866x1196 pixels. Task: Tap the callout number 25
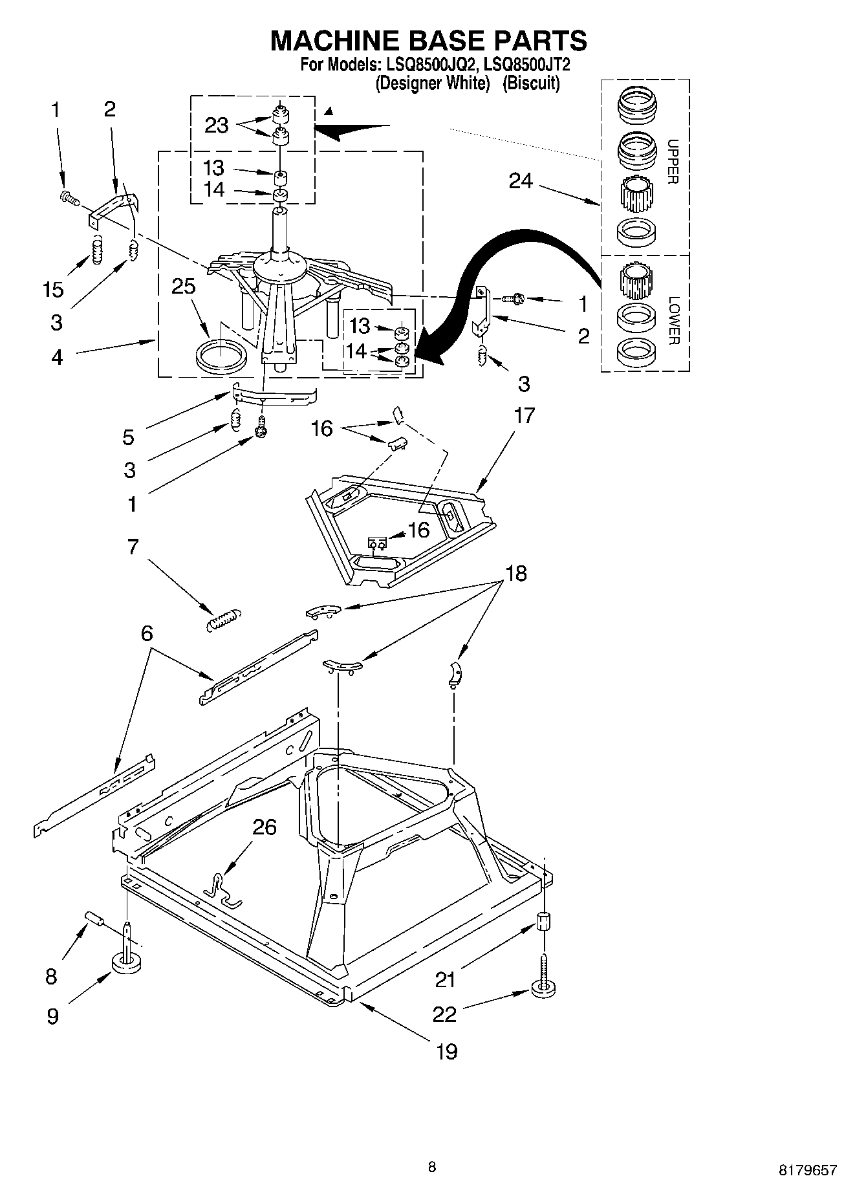pyautogui.click(x=184, y=285)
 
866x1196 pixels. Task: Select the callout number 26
pyautogui.click(x=264, y=827)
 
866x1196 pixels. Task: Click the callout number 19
pyautogui.click(x=446, y=1051)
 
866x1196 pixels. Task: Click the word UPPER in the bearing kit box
pyautogui.click(x=673, y=162)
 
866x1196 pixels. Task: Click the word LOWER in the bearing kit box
pyautogui.click(x=673, y=320)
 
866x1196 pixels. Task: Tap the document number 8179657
pyautogui.click(x=807, y=1169)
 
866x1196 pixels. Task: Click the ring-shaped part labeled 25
pyautogui.click(x=221, y=355)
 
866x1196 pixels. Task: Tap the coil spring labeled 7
pyautogui.click(x=222, y=619)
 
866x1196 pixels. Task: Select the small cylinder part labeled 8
pyautogui.click(x=94, y=919)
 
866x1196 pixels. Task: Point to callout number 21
pyautogui.click(x=445, y=980)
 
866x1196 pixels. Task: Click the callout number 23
pyautogui.click(x=216, y=125)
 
